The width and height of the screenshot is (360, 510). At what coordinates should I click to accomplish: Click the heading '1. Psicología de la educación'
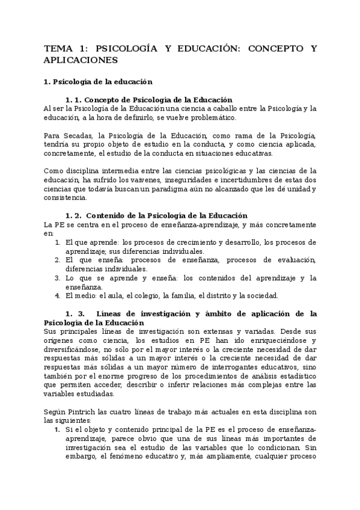pyautogui.click(x=99, y=81)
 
